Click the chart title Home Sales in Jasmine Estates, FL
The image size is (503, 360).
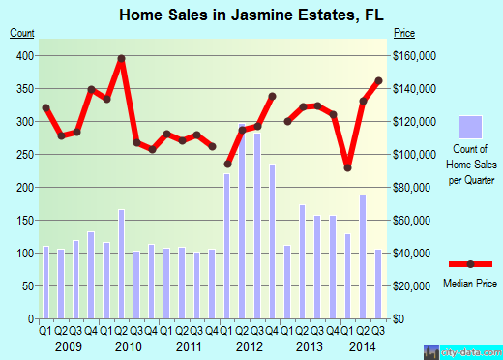tap(251, 15)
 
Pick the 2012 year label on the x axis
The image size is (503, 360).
tap(250, 345)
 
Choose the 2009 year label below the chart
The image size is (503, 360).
tap(68, 345)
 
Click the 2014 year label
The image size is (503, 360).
tap(364, 345)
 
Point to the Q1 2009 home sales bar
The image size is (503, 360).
tap(45, 282)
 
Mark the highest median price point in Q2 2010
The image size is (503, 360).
tap(122, 59)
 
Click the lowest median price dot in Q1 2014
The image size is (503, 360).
tap(347, 167)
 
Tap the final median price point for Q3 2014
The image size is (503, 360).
tap(378, 80)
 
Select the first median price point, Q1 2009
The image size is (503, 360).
tap(45, 107)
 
